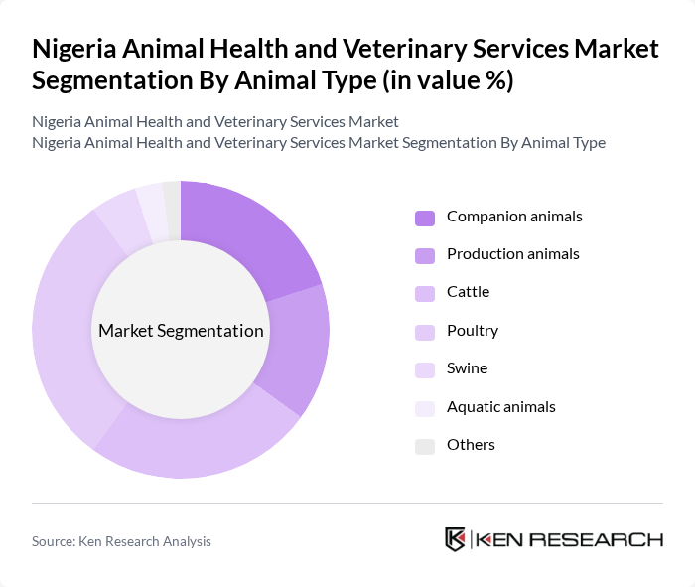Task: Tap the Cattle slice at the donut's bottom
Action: pyautogui.click(x=199, y=442)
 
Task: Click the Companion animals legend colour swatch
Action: pyautogui.click(x=424, y=218)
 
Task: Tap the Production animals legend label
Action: pyautogui.click(x=512, y=254)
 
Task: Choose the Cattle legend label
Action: pyautogui.click(x=468, y=292)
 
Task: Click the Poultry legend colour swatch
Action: pyautogui.click(x=424, y=332)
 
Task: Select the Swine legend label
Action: pyautogui.click(x=467, y=368)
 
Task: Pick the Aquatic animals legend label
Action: pyautogui.click(x=500, y=407)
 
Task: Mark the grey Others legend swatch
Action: pyautogui.click(x=424, y=446)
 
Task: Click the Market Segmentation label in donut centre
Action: pyautogui.click(x=181, y=331)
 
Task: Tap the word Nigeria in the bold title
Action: pyautogui.click(x=78, y=49)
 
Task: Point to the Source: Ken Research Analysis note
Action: pyautogui.click(x=121, y=541)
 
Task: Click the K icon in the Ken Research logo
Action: pyautogui.click(x=455, y=539)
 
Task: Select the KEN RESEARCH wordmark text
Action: pyautogui.click(x=569, y=539)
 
